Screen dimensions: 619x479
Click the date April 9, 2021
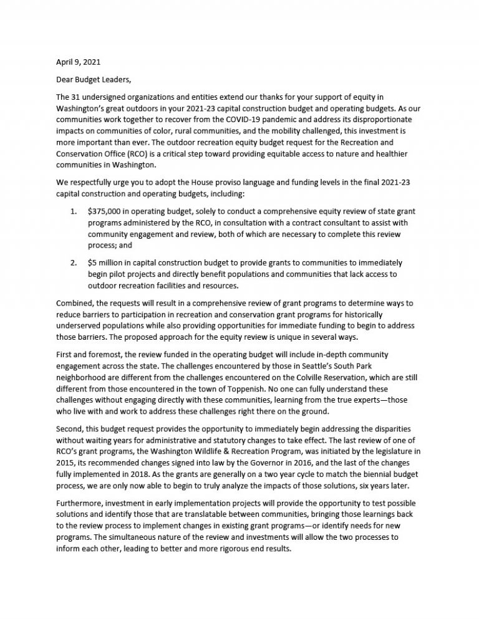pyautogui.click(x=74, y=62)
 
